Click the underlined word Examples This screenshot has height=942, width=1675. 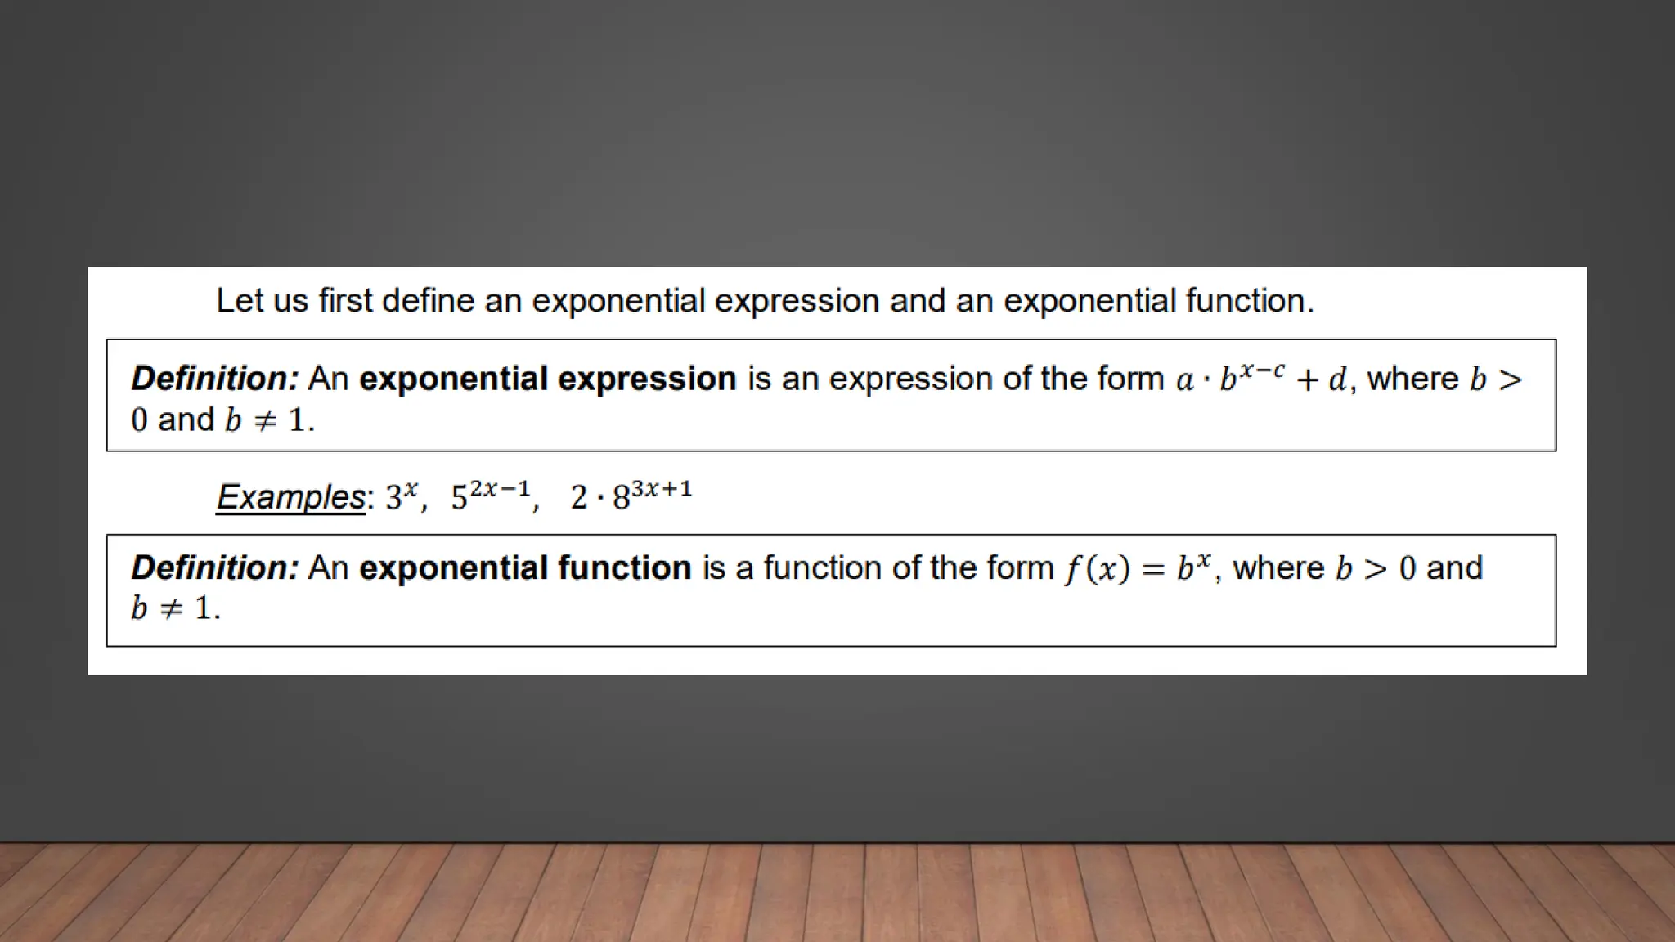pos(290,497)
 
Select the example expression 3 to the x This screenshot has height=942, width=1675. pos(401,496)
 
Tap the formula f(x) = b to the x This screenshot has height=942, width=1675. pos(1137,567)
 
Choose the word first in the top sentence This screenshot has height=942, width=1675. pos(345,301)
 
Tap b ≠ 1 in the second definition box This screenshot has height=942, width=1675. pos(174,608)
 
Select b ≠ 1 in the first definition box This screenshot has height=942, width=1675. pos(268,420)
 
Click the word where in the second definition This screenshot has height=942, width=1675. pos(1278,567)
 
